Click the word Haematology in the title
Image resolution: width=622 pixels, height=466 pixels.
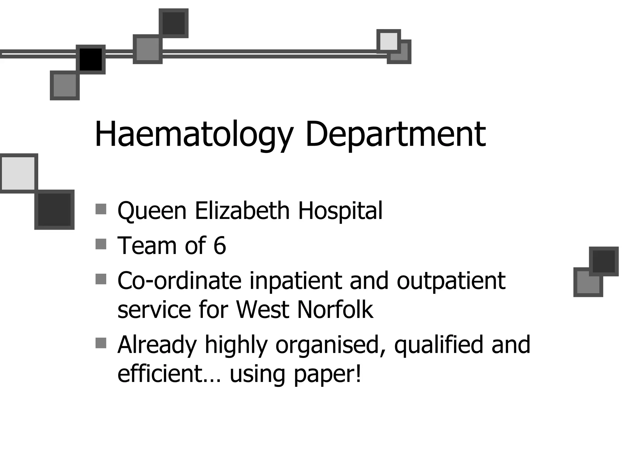click(194, 134)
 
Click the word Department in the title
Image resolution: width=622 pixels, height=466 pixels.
click(395, 134)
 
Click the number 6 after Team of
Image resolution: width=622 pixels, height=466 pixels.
click(220, 245)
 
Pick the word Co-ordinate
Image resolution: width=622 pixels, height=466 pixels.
click(179, 281)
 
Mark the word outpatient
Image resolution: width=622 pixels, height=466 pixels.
click(451, 281)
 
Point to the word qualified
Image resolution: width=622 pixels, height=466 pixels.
click(438, 345)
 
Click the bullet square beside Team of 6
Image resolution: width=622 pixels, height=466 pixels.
click(101, 244)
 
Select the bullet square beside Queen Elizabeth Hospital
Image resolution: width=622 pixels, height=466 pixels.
click(101, 209)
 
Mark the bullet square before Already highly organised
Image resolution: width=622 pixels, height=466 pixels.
click(101, 343)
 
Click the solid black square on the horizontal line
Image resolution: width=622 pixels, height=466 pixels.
click(91, 59)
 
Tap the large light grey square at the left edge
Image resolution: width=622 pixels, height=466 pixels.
click(18, 173)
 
